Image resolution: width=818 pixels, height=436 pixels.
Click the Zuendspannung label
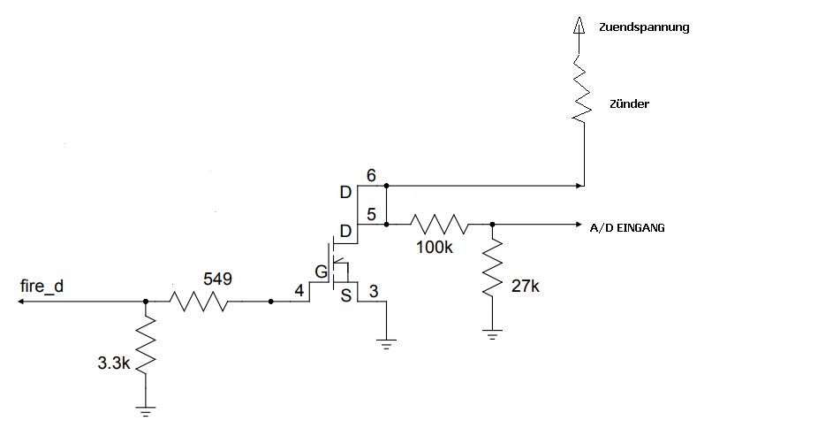(644, 27)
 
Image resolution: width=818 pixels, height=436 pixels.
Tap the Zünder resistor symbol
(580, 88)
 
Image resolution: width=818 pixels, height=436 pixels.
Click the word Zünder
(629, 104)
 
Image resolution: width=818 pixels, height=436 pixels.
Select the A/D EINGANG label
(627, 228)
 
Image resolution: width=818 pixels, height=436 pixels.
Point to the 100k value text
(434, 248)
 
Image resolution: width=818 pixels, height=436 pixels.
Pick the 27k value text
(526, 286)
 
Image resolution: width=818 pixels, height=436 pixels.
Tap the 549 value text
(217, 279)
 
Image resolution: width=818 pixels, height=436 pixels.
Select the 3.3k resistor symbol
(146, 348)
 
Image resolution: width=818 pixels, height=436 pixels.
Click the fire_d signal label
(42, 287)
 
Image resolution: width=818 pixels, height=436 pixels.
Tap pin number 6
(371, 177)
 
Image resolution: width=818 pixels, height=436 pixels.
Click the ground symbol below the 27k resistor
(492, 334)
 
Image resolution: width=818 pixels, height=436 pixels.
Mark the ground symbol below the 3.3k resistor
(146, 410)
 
